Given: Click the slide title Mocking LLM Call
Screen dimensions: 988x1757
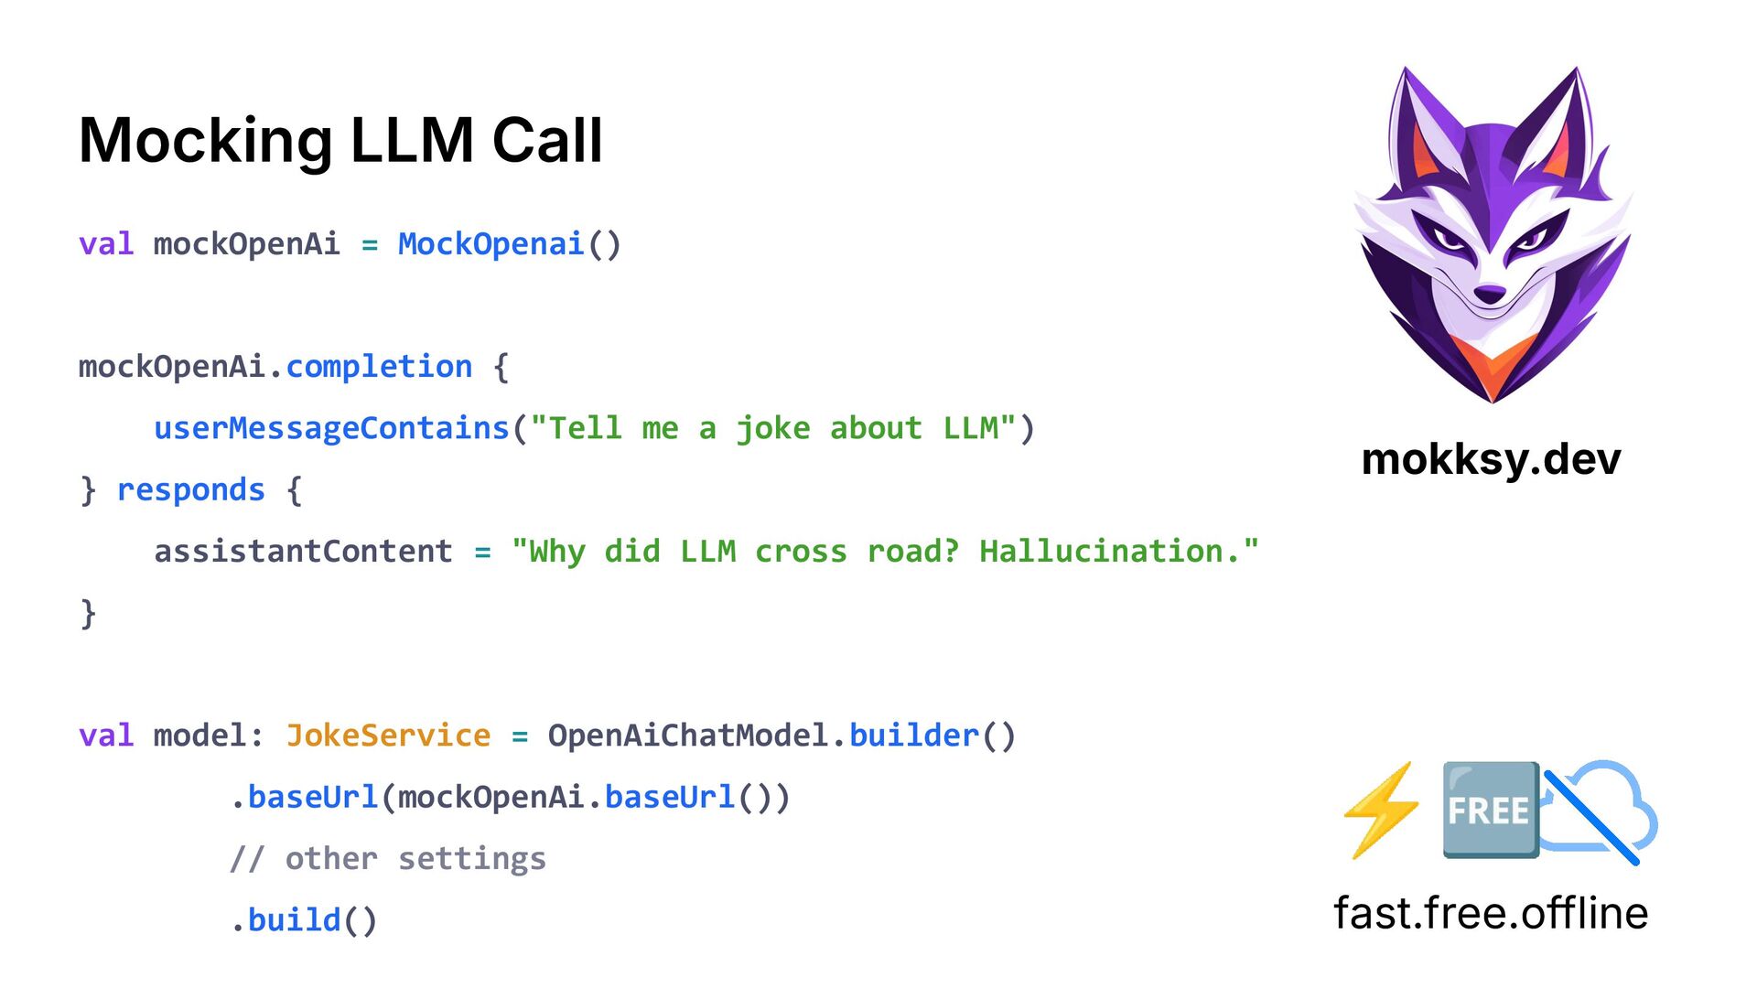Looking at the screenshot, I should pos(340,140).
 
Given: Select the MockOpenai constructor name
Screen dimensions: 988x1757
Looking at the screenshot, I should pos(490,244).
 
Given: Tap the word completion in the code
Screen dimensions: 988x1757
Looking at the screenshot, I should pos(379,367).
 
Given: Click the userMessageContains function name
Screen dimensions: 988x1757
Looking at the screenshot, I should pos(331,428).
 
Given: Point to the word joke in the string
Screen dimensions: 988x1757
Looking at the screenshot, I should pos(773,428).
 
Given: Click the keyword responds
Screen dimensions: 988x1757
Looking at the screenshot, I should pos(191,490).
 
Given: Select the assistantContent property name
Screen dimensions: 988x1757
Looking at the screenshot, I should pos(303,552).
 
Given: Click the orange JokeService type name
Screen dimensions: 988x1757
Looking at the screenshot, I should pos(388,736).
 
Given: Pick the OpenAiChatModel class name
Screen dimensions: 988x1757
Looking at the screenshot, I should pos(688,736).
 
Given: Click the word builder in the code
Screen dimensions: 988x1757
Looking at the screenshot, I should pos(914,736).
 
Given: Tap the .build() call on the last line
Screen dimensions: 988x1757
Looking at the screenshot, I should pos(304,920).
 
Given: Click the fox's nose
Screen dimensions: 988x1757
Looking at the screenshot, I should pos(1490,295).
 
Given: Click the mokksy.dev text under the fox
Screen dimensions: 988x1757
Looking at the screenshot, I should pos(1491,459).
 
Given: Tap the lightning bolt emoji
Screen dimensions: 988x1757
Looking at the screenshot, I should pos(1381,811).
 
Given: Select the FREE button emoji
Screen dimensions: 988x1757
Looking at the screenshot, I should pos(1489,811).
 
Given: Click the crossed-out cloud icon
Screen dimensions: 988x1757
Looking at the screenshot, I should pos(1601,811).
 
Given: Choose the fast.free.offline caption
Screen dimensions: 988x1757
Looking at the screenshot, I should pos(1491,913).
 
